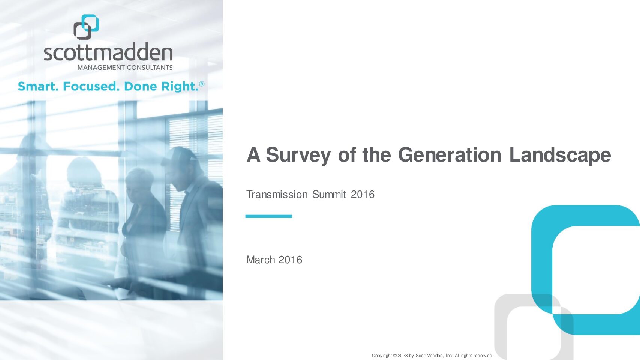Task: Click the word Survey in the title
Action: pos(298,156)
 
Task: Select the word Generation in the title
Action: pos(450,155)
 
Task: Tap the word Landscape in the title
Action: pos(560,156)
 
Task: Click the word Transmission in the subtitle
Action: pos(277,195)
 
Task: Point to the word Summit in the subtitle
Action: pos(329,195)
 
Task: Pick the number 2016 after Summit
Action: pos(363,195)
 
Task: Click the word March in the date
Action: pos(261,260)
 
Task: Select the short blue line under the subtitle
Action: pos(268,216)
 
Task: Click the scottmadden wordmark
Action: pos(108,52)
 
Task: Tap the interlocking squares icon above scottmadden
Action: pos(86,27)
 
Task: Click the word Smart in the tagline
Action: pos(38,86)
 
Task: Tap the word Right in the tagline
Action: pos(180,87)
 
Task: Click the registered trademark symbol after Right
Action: pos(202,84)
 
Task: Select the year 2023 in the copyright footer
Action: pos(403,355)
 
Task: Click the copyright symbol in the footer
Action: pos(395,355)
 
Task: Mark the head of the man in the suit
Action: pos(182,169)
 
